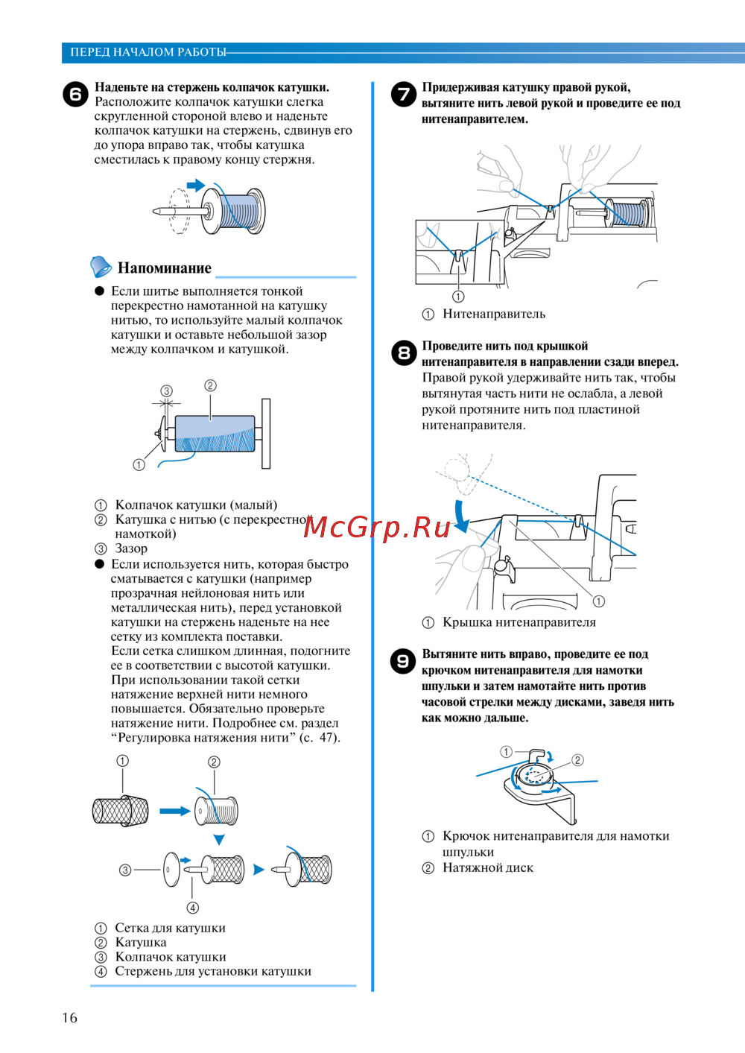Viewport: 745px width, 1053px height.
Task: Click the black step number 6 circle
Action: tap(75, 95)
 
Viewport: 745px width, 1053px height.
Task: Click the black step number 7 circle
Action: tap(403, 95)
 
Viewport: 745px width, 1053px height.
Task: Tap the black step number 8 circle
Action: tap(403, 353)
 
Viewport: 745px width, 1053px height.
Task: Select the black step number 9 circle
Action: tap(403, 661)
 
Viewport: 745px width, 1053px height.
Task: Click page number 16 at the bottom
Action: tap(69, 1018)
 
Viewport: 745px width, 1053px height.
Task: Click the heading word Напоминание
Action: tap(164, 268)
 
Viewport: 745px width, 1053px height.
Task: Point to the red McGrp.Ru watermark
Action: tap(377, 527)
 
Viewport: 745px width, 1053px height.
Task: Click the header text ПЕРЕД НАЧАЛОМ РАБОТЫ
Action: tap(148, 52)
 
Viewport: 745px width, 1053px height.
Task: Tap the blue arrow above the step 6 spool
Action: tap(195, 185)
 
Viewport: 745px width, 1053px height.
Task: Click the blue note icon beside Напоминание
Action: tap(100, 266)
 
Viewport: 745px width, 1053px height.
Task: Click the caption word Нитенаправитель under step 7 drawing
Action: tap(493, 314)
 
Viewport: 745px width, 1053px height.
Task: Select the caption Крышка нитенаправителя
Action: tap(519, 622)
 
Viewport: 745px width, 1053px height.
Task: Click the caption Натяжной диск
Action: tap(487, 867)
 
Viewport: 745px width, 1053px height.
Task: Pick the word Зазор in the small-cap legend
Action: tap(131, 548)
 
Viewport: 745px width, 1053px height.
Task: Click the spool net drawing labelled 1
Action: tap(120, 811)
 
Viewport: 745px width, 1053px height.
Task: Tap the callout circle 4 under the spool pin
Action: tap(193, 908)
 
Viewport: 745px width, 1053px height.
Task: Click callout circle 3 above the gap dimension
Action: tap(166, 390)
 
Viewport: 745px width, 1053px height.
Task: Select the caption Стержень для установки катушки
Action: tap(212, 971)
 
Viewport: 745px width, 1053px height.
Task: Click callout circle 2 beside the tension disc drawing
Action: tap(577, 760)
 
